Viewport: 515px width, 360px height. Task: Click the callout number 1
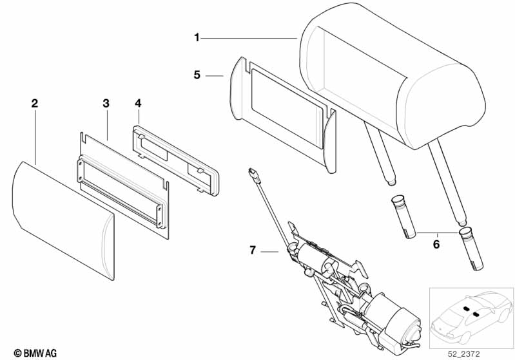[197, 38]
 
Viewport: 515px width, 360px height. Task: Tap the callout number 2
[35, 104]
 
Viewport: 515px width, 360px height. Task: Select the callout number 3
[106, 104]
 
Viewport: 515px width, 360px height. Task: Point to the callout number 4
[138, 103]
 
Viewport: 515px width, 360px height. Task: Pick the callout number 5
[197, 75]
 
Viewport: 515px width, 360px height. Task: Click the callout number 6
[436, 244]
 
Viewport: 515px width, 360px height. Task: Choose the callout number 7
[252, 251]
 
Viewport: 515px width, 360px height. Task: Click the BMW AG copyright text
[35, 353]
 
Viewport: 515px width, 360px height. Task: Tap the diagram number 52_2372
[464, 354]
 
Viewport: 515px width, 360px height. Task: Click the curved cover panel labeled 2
[63, 220]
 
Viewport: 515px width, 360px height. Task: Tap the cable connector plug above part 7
[254, 175]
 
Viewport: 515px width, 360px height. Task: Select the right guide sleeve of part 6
[471, 249]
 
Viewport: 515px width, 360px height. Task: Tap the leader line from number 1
[249, 39]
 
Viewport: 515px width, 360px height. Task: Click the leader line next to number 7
[269, 252]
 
